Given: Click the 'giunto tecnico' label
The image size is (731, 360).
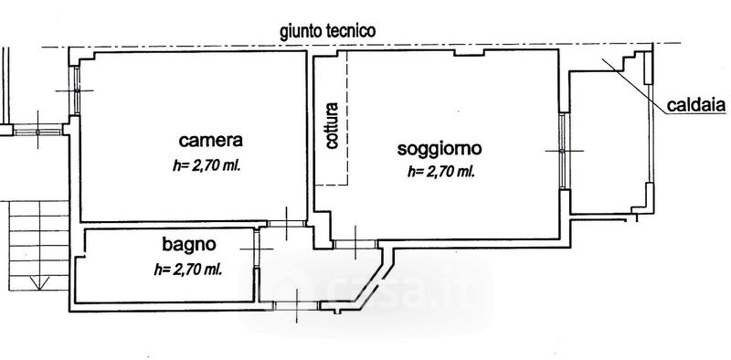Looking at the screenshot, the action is [x=327, y=32].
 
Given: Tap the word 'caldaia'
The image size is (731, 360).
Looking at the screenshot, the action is [x=696, y=105].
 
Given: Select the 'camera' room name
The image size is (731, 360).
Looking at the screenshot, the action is [x=211, y=140].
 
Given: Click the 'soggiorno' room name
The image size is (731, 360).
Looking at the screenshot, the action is [x=440, y=149].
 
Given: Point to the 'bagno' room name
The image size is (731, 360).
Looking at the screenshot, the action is [x=189, y=244].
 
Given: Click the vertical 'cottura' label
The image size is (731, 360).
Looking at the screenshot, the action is [x=332, y=125].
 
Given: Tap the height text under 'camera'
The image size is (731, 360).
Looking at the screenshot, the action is [x=207, y=165].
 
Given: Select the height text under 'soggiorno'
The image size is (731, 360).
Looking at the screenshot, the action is [x=441, y=172].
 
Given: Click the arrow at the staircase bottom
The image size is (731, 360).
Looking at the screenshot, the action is [x=39, y=281].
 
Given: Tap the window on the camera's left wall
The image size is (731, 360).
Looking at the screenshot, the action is [x=76, y=90].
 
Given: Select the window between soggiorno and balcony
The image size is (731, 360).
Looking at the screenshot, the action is [x=564, y=151].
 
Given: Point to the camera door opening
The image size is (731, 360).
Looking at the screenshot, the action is [x=286, y=223].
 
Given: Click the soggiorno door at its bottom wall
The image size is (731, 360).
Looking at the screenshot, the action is [x=355, y=243].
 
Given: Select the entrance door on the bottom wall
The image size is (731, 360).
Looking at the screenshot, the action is [x=296, y=306].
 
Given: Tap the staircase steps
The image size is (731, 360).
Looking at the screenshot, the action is [x=39, y=246].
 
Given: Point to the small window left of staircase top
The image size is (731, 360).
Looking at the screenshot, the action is [x=37, y=131].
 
